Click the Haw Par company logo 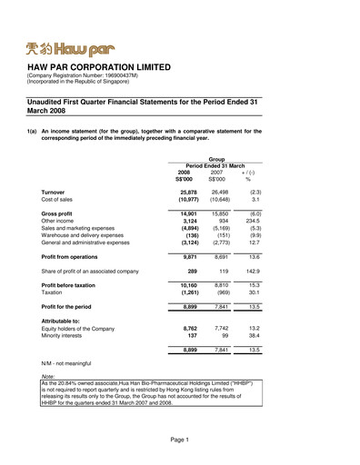click(x=71, y=44)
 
